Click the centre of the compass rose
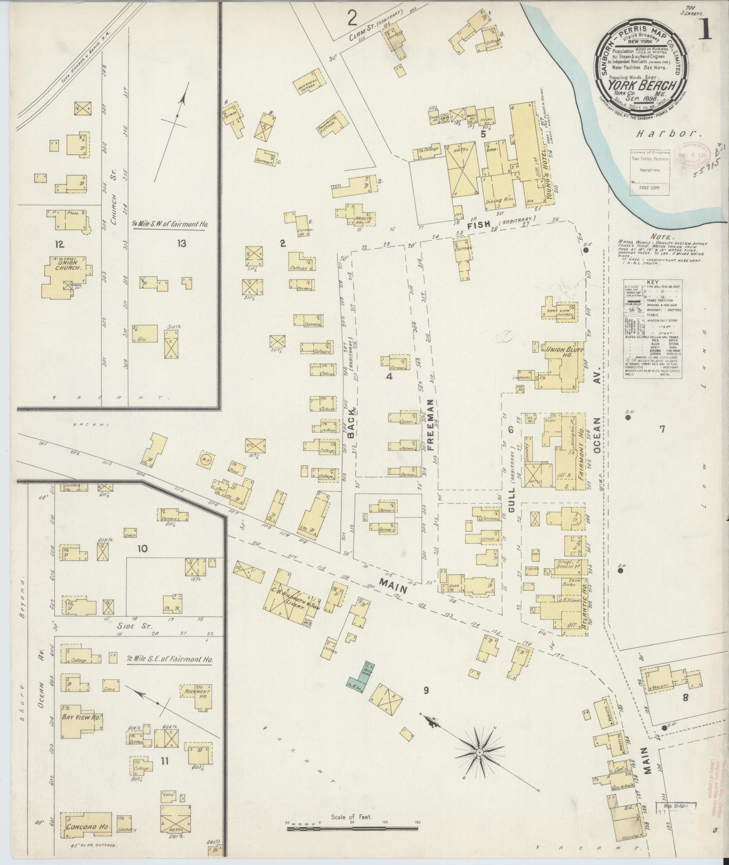479,752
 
